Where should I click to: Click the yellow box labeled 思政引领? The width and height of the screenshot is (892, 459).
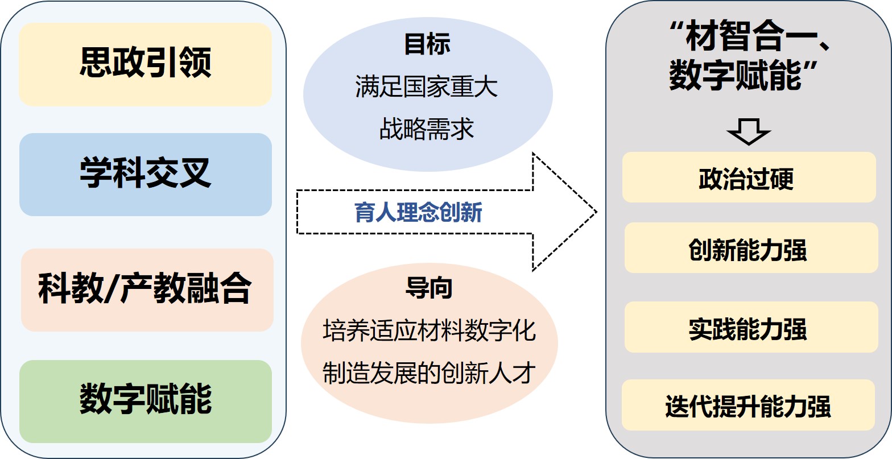(x=145, y=64)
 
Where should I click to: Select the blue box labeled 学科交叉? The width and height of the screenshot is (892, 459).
(x=145, y=174)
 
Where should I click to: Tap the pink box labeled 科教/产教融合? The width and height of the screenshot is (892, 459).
(x=147, y=289)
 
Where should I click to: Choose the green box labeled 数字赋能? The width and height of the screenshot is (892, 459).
(x=145, y=400)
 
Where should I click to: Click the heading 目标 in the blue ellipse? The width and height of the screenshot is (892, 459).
(x=427, y=44)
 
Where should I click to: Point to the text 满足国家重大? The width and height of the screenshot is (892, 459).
(x=427, y=87)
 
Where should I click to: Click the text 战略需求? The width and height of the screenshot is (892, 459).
(x=427, y=129)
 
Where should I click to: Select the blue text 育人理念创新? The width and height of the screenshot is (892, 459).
(x=418, y=213)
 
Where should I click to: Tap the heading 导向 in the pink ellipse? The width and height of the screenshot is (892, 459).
(x=429, y=288)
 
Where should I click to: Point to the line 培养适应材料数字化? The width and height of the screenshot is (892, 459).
(x=429, y=330)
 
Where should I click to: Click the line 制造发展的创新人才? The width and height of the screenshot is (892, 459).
(x=429, y=373)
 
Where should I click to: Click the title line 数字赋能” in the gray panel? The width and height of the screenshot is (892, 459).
(x=743, y=76)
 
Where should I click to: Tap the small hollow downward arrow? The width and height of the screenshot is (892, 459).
(x=748, y=131)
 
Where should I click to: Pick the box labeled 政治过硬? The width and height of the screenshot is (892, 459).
(x=749, y=177)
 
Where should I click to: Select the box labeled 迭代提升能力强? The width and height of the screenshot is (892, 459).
(x=748, y=405)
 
